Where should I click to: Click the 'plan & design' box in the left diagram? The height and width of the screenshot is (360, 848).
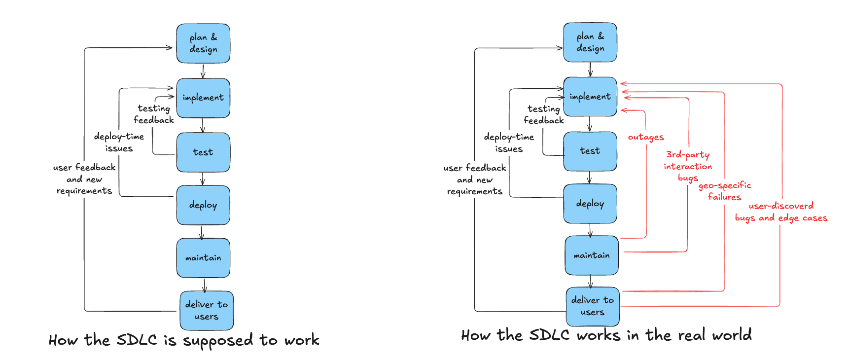tap(203, 43)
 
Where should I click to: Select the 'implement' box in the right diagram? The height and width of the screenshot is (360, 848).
tap(590, 97)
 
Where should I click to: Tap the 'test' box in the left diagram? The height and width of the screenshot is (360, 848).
tap(203, 152)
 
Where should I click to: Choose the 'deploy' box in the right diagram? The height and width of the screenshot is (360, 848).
tap(590, 203)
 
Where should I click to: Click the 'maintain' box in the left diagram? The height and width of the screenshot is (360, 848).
tap(203, 257)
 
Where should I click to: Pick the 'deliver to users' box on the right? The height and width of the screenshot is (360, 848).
tap(593, 306)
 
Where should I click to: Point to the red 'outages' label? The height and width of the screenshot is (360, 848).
tap(646, 137)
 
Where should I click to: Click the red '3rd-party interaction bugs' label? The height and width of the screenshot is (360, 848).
tap(688, 166)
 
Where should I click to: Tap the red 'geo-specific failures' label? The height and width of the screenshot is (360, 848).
tap(725, 191)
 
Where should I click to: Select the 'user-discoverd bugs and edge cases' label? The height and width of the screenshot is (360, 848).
tap(781, 212)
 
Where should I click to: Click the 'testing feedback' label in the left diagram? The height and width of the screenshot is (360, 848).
tap(154, 114)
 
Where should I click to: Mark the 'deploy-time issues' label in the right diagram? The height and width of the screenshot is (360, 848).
tap(509, 143)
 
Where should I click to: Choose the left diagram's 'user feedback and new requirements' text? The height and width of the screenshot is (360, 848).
tap(84, 179)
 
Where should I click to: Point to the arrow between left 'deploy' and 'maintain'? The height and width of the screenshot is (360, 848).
tap(202, 232)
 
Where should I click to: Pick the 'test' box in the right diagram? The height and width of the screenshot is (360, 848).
tap(590, 151)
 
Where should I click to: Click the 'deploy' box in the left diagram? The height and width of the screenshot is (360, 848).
tap(203, 205)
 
